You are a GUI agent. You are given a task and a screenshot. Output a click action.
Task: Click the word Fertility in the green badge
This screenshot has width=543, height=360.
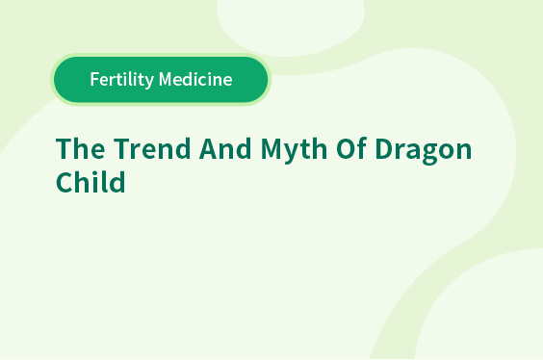[x=122, y=80]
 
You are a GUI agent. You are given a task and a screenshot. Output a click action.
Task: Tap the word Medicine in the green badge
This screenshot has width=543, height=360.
[x=195, y=79]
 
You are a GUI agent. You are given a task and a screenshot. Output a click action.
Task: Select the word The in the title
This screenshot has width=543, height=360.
[x=80, y=148]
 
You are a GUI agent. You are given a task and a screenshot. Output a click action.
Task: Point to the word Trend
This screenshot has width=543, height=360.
[x=152, y=148]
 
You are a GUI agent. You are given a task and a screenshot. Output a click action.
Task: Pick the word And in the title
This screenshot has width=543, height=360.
[x=225, y=148]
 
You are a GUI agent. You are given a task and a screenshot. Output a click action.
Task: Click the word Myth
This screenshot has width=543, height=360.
[x=294, y=150]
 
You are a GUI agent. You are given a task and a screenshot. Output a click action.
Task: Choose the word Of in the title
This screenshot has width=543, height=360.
[x=350, y=148]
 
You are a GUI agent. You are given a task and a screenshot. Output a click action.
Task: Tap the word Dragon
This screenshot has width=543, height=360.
[x=424, y=150]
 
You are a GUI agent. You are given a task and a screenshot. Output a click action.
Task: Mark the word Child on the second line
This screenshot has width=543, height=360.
[x=90, y=181]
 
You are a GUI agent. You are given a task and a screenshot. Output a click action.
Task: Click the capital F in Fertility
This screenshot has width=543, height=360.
[x=95, y=79]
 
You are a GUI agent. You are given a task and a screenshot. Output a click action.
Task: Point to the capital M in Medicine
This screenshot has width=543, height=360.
[x=167, y=79]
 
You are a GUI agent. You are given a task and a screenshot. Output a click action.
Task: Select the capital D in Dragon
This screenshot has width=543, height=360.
[x=385, y=148]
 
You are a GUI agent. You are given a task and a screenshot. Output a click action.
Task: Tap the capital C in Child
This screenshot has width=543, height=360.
[x=65, y=182]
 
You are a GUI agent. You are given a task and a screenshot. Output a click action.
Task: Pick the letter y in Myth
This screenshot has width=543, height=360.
[x=293, y=154]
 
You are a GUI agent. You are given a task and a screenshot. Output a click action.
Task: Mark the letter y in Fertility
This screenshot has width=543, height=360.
[x=149, y=82]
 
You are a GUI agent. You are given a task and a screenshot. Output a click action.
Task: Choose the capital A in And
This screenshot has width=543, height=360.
[x=209, y=148]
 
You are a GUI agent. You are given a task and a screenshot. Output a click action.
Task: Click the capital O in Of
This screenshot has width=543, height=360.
[x=346, y=148]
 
